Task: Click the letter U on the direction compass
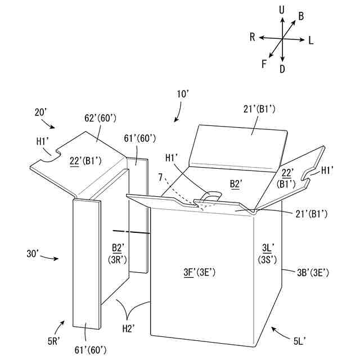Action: click(281, 10)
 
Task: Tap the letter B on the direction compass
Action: click(301, 16)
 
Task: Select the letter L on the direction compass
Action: click(311, 40)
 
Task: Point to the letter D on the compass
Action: click(282, 69)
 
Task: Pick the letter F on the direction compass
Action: click(264, 63)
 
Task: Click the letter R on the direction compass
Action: click(253, 37)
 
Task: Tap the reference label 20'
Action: click(41, 112)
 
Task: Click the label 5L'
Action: click(300, 339)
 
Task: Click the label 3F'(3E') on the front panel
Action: click(200, 273)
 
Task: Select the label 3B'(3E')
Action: click(313, 273)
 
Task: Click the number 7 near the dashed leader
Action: click(160, 178)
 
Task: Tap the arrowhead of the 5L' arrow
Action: click(271, 326)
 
